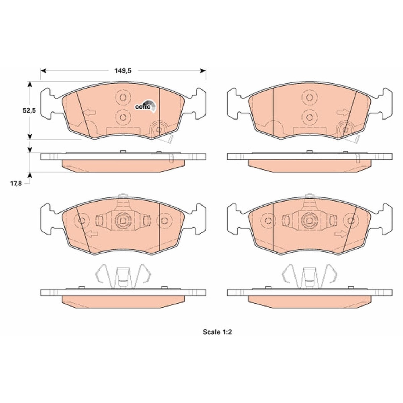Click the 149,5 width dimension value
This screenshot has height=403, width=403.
click(123, 71)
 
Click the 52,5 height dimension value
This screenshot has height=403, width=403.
click(29, 110)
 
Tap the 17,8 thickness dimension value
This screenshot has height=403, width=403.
click(16, 184)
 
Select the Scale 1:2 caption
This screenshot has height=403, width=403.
click(217, 332)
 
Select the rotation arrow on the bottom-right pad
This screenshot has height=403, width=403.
click(340, 234)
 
